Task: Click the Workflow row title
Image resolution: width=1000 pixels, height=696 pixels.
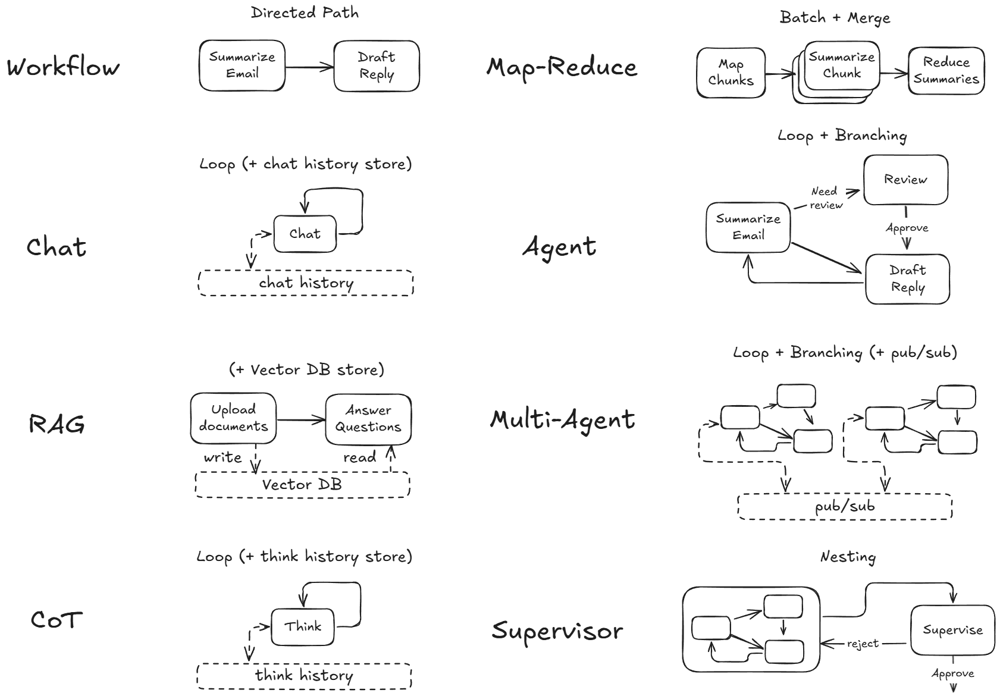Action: (63, 67)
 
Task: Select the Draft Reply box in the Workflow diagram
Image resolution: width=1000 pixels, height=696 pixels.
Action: (377, 66)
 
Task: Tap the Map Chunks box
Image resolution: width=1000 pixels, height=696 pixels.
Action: (731, 73)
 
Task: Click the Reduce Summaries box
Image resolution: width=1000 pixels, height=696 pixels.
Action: (946, 71)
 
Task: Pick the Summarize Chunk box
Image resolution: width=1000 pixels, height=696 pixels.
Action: (842, 65)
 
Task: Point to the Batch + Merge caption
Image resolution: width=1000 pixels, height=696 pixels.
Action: (835, 18)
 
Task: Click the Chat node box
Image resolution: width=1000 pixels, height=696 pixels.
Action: (305, 234)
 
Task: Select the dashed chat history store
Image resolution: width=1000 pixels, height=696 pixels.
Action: (306, 283)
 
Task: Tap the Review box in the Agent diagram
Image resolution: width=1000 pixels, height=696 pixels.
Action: (905, 180)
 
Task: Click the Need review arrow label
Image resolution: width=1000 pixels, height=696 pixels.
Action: (826, 198)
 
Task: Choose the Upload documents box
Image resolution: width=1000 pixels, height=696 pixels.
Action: (233, 418)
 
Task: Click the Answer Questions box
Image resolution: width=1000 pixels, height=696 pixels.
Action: (368, 419)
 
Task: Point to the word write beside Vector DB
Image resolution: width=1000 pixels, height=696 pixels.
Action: (222, 457)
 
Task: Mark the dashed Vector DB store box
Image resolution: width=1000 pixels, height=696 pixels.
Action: (302, 485)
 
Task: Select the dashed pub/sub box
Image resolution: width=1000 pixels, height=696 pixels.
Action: (845, 507)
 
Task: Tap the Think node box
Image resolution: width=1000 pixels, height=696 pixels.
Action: (303, 626)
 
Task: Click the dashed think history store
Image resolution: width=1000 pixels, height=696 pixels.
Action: (304, 676)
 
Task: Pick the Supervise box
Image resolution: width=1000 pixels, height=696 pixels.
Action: (952, 631)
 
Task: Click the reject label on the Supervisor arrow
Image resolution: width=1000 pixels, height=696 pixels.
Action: (863, 644)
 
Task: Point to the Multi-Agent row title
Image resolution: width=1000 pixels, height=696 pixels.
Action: (562, 419)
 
